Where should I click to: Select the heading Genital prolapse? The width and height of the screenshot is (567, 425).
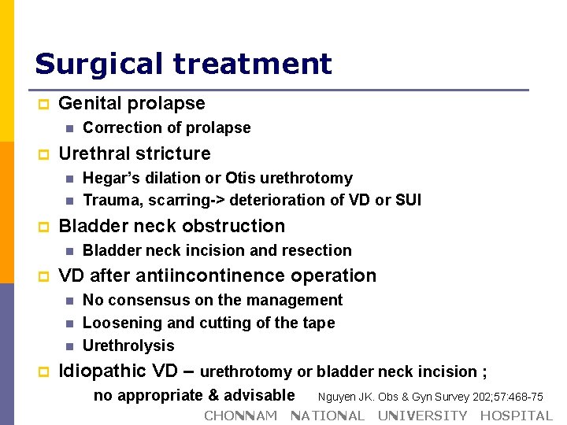[132, 103]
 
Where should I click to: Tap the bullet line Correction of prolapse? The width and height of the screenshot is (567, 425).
[166, 128]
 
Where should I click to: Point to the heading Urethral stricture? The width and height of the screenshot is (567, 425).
[135, 153]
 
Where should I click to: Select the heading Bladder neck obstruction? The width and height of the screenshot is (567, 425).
[172, 226]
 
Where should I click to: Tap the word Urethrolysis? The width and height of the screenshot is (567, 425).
[128, 346]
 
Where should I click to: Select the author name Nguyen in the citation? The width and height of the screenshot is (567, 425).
[340, 396]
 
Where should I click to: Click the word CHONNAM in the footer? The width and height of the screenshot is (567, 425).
[240, 416]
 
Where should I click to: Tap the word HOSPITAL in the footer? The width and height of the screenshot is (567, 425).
[516, 416]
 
